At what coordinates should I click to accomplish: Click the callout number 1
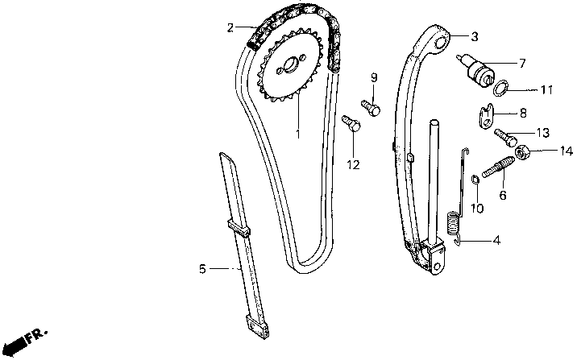(x=297, y=132)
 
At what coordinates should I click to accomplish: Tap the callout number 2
(x=230, y=28)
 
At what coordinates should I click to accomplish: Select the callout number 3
(x=475, y=36)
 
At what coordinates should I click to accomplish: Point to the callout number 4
(x=496, y=239)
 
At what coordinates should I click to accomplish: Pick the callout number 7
(x=522, y=62)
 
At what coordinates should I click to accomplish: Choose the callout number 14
(x=545, y=149)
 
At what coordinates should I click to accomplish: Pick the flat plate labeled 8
(x=484, y=118)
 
